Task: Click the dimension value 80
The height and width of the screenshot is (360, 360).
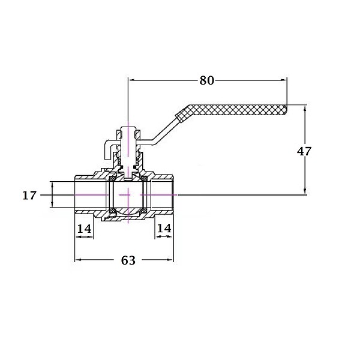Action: (206, 80)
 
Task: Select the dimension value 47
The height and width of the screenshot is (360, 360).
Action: (304, 151)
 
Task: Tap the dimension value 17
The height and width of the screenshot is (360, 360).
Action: (29, 196)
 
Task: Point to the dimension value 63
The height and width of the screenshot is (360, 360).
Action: (128, 260)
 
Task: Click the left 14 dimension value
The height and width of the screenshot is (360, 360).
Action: (84, 229)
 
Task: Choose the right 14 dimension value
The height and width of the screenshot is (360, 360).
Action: (164, 228)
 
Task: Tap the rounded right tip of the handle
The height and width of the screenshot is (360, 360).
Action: (286, 110)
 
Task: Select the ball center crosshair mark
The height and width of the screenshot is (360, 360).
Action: (128, 195)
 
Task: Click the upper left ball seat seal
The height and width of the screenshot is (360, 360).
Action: (112, 178)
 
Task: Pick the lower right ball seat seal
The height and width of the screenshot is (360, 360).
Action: (144, 211)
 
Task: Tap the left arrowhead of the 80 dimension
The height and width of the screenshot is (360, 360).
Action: (132, 80)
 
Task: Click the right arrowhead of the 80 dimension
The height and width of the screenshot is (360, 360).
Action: (284, 80)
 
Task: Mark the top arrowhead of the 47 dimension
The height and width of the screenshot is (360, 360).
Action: (305, 108)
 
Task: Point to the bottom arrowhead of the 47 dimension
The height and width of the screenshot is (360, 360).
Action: (305, 191)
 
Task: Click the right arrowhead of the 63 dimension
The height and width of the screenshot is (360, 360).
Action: (170, 260)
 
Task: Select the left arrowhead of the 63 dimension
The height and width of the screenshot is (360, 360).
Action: (78, 260)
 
